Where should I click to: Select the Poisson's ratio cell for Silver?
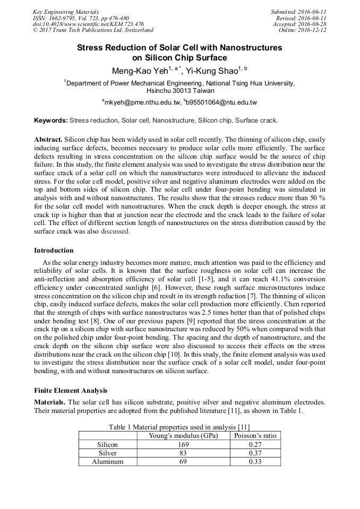[x=255, y=453]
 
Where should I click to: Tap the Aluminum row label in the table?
[x=108, y=461]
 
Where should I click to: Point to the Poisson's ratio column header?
[x=255, y=436]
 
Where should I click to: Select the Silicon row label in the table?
[x=108, y=444]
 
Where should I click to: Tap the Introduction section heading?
[x=54, y=251]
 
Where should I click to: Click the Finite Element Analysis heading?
[x=71, y=391]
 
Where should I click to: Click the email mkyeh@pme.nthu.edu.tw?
[x=140, y=102]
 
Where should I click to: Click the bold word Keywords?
[x=50, y=120]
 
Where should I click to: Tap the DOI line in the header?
[x=88, y=24]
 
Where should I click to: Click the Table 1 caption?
[x=179, y=427]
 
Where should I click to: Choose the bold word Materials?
[x=50, y=402]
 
